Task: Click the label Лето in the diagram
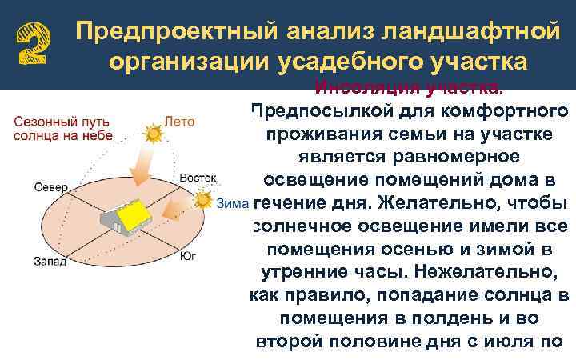pyautogui.click(x=179, y=122)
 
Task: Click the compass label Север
pyautogui.click(x=50, y=186)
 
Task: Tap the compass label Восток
pyautogui.click(x=198, y=176)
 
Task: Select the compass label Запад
pyautogui.click(x=50, y=261)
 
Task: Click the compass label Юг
pyautogui.click(x=188, y=258)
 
